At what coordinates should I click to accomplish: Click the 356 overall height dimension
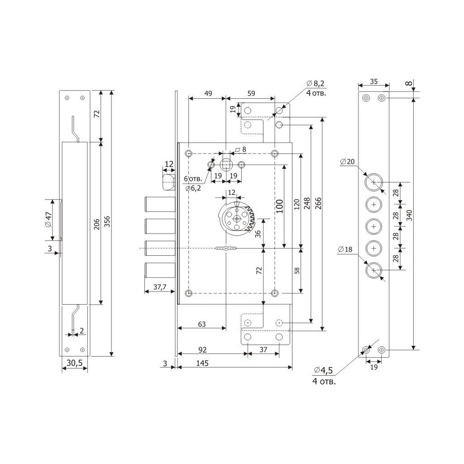point(107,222)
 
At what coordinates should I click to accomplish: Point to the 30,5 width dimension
point(75,363)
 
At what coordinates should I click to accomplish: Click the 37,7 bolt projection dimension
point(160,287)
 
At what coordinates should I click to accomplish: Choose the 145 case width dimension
point(202,363)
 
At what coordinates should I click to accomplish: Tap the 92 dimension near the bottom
point(202,350)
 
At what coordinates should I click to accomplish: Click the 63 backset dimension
point(202,324)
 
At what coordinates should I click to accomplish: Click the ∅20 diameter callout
point(347,162)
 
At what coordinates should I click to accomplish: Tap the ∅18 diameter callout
point(345,249)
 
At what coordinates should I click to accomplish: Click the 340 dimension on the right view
point(409,215)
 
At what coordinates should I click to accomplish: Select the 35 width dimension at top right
point(374,81)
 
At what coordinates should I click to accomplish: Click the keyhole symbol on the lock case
point(226,248)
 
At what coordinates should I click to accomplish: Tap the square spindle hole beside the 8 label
point(226,164)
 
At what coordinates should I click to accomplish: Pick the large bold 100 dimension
point(279,206)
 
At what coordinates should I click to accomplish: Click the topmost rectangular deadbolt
point(160,204)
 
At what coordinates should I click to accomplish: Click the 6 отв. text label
point(193,179)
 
